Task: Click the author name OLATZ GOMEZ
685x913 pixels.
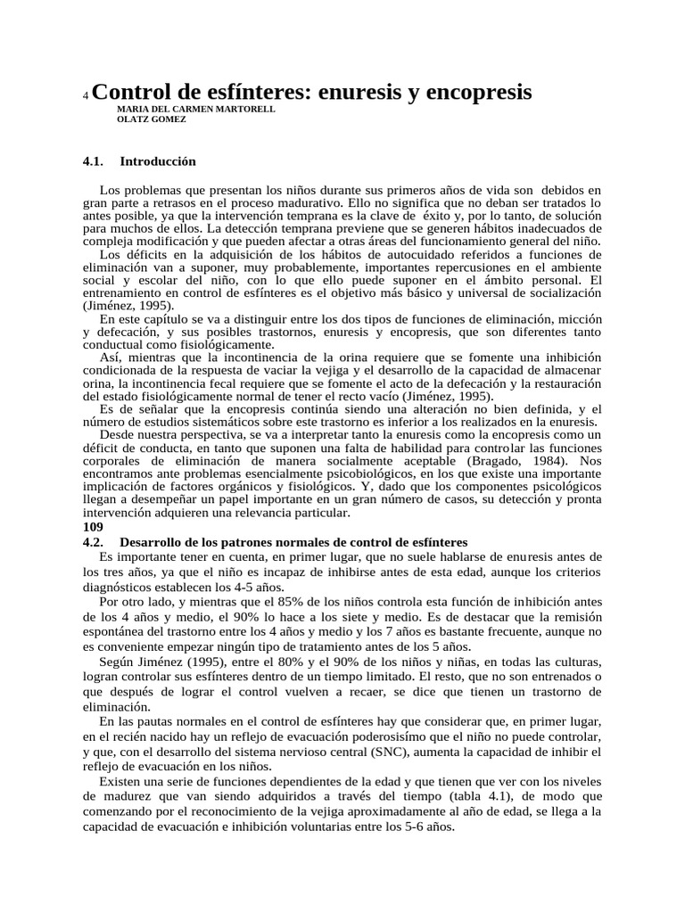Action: (x=152, y=119)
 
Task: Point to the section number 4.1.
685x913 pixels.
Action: (x=93, y=161)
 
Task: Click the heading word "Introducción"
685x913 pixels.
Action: (x=158, y=161)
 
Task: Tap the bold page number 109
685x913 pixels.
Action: (x=93, y=527)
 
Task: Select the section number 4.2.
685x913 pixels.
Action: (x=93, y=542)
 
